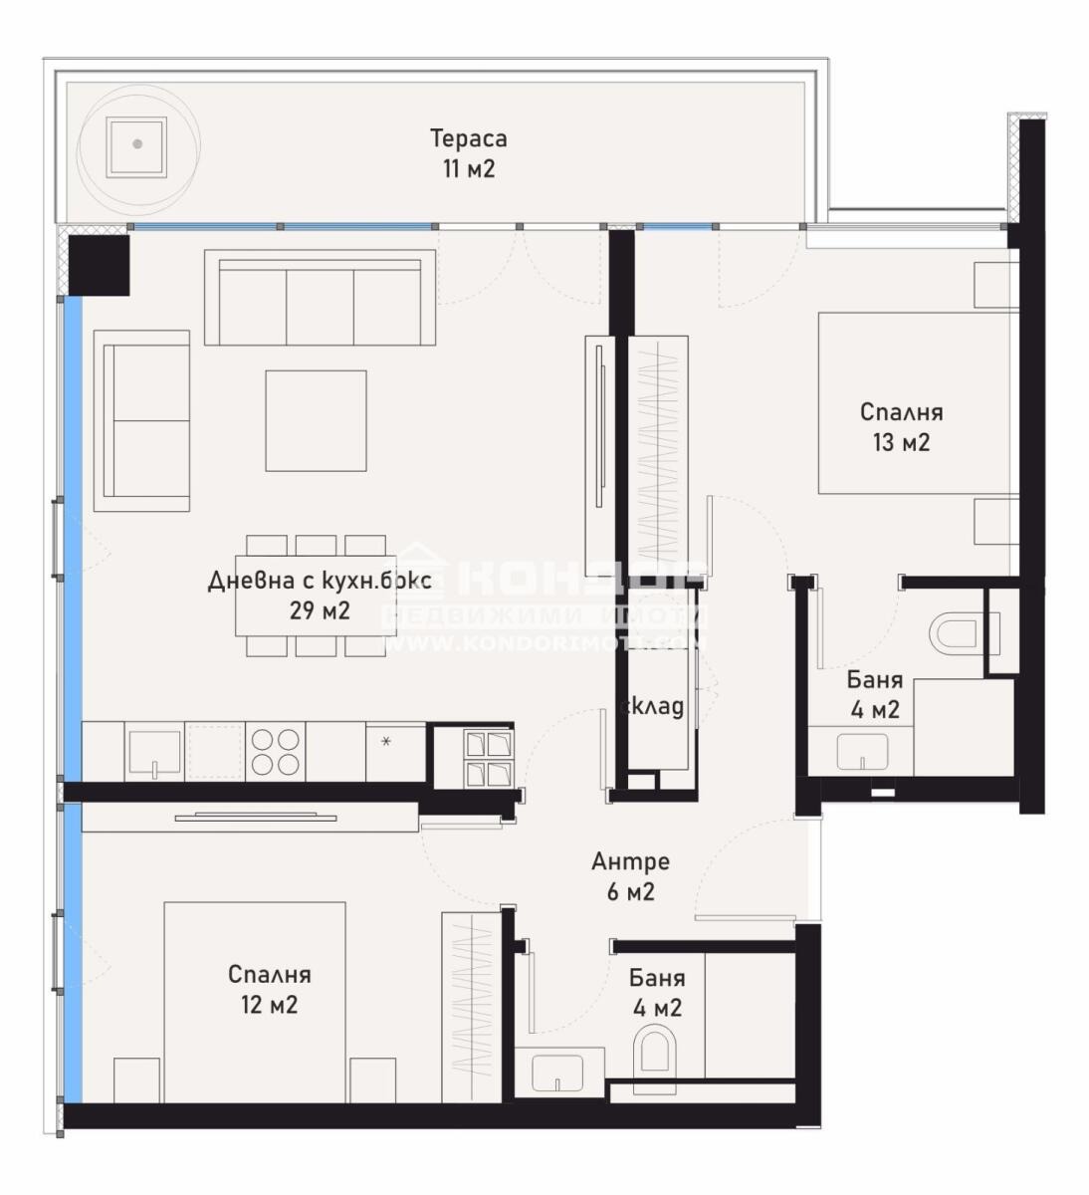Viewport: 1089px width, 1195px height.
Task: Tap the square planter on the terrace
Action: (137, 143)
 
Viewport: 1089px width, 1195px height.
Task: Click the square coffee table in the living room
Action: (316, 420)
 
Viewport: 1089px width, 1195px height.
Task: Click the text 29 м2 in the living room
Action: (320, 610)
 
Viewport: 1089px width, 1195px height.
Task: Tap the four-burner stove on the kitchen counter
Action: (276, 752)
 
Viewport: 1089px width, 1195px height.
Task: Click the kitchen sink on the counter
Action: (154, 752)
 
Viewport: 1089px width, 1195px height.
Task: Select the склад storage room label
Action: (652, 706)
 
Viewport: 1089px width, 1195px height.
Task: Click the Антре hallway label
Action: (630, 861)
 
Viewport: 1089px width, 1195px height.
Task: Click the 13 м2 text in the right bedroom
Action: (901, 442)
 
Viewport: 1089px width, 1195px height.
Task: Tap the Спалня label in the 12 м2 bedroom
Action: (269, 974)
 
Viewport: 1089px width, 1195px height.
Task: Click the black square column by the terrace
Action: (99, 263)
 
